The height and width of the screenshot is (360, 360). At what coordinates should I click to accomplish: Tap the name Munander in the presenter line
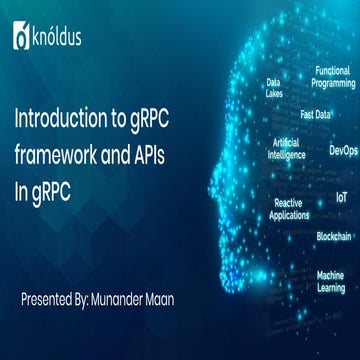(x=131, y=270)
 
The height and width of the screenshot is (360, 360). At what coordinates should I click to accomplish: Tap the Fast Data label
(x=315, y=115)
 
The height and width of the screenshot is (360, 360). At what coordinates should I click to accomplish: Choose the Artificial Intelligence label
(x=287, y=149)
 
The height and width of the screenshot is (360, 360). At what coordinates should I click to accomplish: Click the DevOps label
(x=342, y=150)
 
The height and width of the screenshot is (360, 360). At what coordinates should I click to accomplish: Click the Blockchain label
(x=333, y=236)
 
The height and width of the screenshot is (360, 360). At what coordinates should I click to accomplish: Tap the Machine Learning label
(x=331, y=281)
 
